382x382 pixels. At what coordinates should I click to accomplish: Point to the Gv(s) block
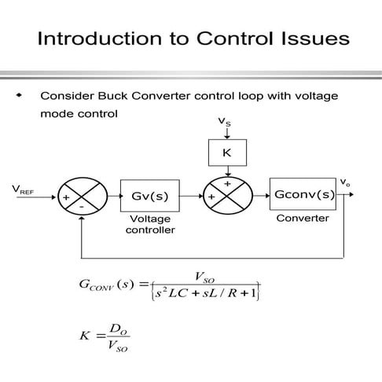[x=149, y=195]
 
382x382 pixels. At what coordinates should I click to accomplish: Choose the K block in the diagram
[x=226, y=152]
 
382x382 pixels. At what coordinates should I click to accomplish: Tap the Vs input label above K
[x=225, y=123]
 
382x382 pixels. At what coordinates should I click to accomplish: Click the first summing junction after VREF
[x=80, y=195]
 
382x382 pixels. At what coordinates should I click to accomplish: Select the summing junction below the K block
[x=227, y=195]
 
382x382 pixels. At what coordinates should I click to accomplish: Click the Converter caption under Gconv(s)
[x=302, y=218]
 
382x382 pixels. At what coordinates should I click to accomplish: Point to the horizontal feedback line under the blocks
[x=212, y=257]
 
